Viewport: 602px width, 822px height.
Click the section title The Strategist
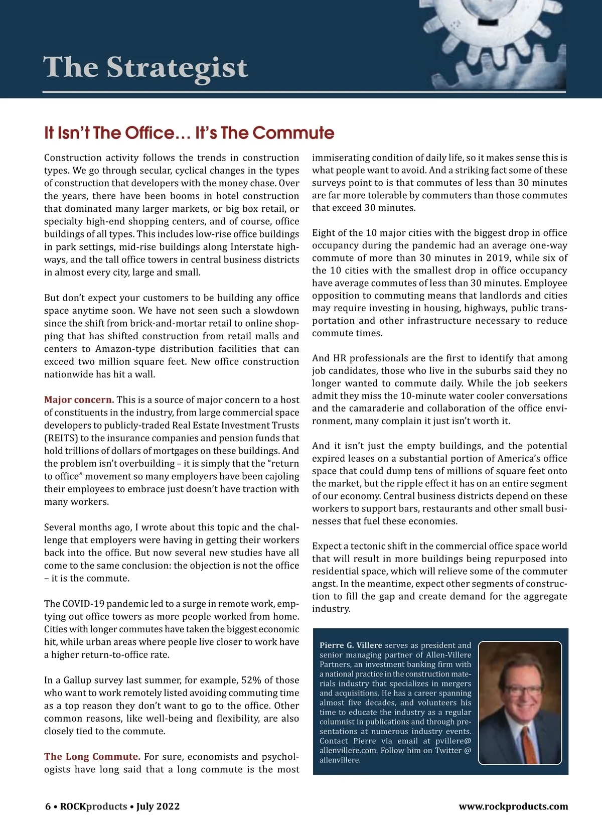pos(145,68)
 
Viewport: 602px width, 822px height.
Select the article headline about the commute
pos(189,133)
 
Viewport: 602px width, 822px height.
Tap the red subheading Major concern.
pos(79,400)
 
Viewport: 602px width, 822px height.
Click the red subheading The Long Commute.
pos(92,757)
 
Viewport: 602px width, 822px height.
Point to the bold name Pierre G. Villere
pos(351,645)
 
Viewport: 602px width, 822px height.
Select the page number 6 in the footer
pos(48,806)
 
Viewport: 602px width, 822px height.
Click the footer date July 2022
pos(158,806)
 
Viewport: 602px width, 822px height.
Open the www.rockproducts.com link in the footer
pos(513,806)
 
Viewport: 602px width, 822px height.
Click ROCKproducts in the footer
pos(93,806)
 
